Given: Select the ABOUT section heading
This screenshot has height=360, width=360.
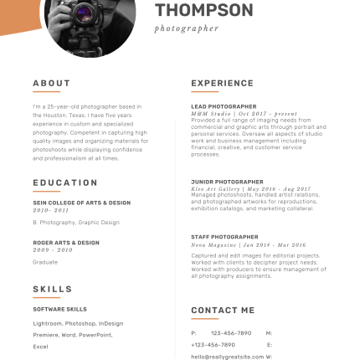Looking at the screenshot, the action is [x=51, y=84].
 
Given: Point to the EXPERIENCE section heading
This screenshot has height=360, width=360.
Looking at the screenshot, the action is [x=222, y=84].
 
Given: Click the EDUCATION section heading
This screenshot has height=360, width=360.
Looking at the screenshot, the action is [x=65, y=183].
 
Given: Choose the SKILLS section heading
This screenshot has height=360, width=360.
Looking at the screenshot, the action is [x=52, y=289].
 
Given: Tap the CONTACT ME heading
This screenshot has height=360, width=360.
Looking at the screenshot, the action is [x=223, y=310].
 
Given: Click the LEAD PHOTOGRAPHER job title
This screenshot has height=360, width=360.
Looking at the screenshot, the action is [x=224, y=106].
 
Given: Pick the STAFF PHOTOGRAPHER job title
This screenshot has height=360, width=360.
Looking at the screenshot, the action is [x=224, y=237].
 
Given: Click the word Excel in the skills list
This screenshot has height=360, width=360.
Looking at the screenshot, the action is [x=40, y=343].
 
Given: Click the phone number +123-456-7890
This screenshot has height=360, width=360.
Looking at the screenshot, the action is [x=214, y=343].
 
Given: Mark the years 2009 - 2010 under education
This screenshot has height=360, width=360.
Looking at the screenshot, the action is [x=52, y=249].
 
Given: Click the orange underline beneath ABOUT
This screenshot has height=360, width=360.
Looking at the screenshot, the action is [x=45, y=92].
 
